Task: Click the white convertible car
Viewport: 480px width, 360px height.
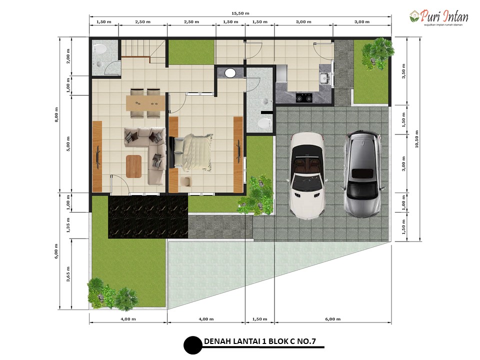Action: (x=307, y=175)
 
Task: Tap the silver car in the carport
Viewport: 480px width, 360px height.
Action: (x=363, y=174)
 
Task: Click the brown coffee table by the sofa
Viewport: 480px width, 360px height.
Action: (x=134, y=166)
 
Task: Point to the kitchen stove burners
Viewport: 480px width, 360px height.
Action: (x=304, y=97)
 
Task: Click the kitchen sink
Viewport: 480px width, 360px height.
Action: (x=324, y=78)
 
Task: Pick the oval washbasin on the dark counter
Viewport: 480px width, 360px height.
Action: (x=230, y=73)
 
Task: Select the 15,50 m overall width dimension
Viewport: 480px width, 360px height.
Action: (x=240, y=13)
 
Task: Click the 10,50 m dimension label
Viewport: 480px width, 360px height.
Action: (x=416, y=139)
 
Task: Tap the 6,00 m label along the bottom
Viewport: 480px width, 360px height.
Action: (x=333, y=319)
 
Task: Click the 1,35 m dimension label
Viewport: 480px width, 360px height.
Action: (x=68, y=225)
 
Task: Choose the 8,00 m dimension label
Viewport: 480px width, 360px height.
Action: (x=56, y=115)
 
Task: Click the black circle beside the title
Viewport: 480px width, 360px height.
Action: (x=193, y=345)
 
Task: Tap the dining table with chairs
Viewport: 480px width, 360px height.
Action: (x=145, y=103)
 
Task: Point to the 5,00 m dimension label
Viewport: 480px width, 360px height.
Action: (x=68, y=143)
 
